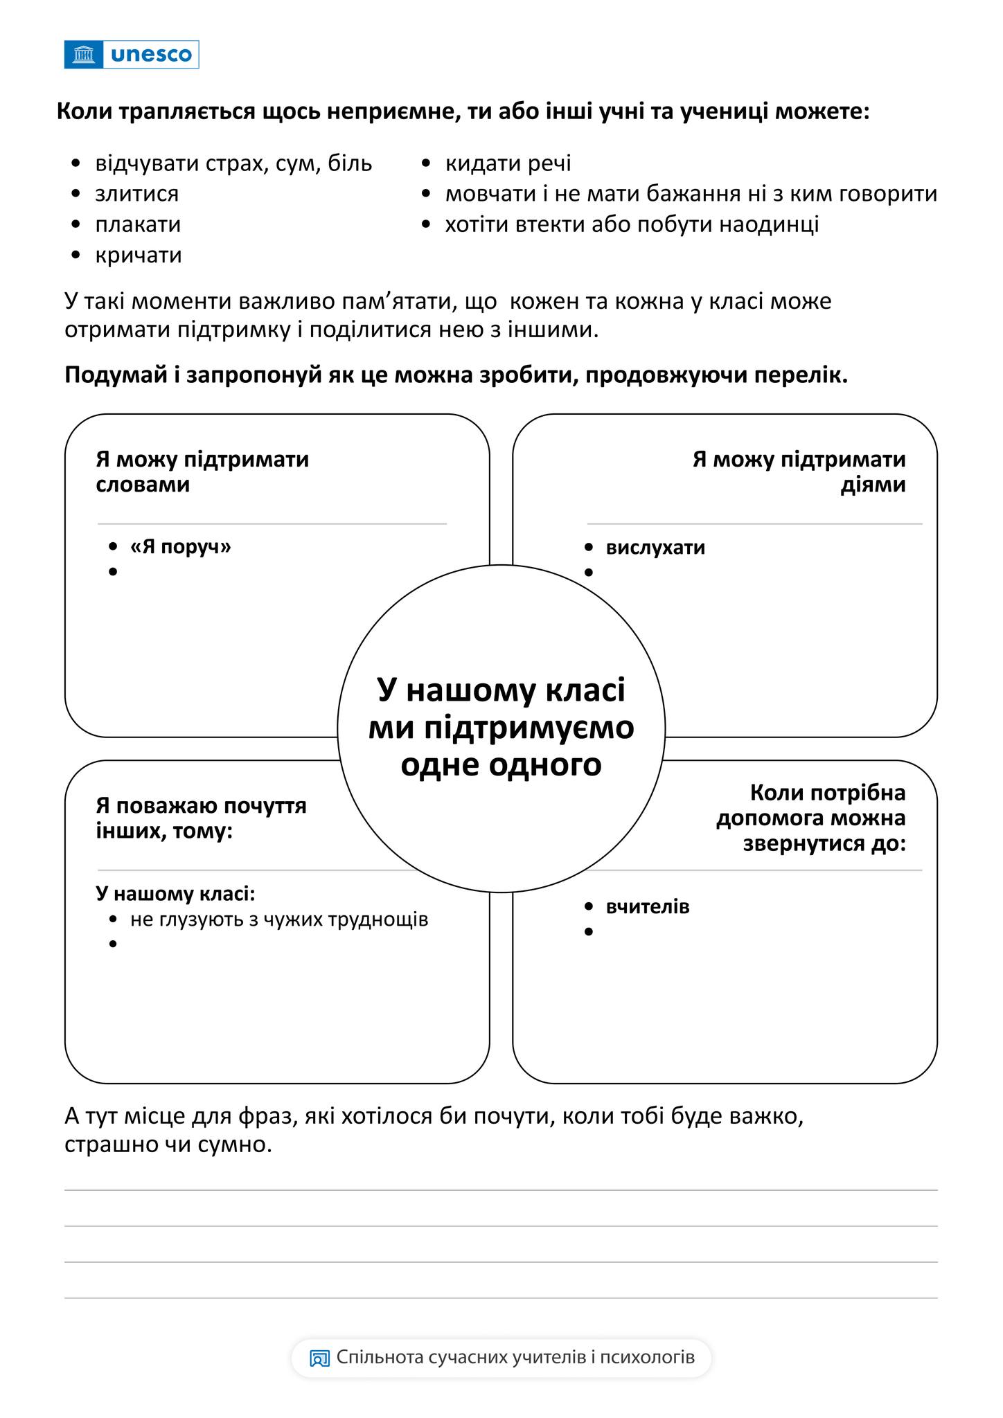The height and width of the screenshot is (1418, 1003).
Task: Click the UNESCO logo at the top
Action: pos(132,55)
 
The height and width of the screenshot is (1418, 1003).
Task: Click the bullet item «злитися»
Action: pos(136,194)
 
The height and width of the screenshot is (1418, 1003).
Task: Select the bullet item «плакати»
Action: pos(138,224)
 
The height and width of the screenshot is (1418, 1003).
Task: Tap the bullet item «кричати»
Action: pos(139,255)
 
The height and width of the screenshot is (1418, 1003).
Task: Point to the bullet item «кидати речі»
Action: pos(508,163)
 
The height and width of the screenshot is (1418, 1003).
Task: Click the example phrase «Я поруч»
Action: pos(180,547)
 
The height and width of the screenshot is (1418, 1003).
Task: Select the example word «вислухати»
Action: pos(655,548)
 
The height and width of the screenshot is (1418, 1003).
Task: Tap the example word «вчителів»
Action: pos(648,907)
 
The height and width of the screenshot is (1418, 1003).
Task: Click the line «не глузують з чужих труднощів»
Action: pos(279,919)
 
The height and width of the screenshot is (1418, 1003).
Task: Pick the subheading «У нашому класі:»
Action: pos(176,894)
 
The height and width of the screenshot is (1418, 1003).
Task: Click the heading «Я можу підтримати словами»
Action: pos(202,472)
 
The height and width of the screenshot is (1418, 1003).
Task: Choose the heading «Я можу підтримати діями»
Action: pos(799,472)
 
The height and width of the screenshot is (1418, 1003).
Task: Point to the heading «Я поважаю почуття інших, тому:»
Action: pos(201,818)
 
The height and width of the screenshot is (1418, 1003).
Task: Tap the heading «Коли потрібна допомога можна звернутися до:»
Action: pos(811,818)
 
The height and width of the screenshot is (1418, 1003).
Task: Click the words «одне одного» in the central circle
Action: pos(501,765)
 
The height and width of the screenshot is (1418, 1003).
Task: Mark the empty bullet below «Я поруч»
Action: pos(113,572)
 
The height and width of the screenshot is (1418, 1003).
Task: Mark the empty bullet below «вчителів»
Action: pos(589,932)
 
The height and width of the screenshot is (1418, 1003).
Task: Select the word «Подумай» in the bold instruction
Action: pos(118,375)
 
